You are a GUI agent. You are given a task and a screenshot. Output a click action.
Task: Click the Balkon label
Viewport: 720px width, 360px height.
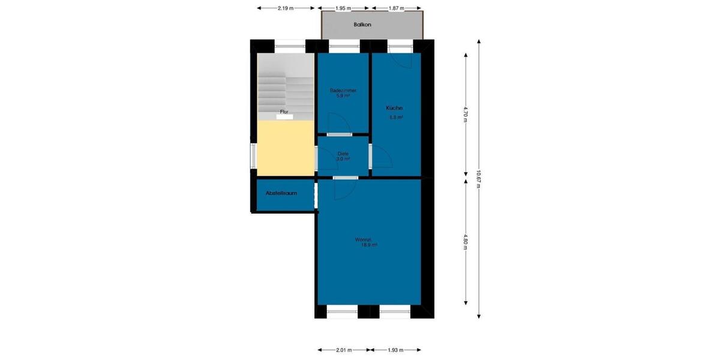tap(362, 25)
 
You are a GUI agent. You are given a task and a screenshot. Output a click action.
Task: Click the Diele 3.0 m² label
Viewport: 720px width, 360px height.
tap(343, 156)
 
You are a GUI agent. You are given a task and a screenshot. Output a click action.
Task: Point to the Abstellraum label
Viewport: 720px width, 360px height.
tap(281, 193)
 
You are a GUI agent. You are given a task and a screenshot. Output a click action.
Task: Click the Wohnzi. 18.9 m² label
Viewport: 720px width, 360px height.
tap(368, 242)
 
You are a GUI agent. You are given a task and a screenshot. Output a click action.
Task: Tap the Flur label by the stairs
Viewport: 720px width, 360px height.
tap(284, 112)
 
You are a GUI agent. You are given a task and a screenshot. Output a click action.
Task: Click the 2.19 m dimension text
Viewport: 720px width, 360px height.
tap(286, 8)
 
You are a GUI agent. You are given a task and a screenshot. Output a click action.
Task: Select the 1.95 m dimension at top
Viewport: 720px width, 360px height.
tap(343, 8)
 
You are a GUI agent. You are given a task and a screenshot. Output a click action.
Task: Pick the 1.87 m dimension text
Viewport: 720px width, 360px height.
tap(396, 8)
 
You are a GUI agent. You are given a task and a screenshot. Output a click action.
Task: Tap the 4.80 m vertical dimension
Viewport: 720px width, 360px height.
tap(466, 241)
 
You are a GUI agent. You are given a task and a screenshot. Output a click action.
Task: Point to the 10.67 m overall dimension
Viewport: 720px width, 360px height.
tap(478, 178)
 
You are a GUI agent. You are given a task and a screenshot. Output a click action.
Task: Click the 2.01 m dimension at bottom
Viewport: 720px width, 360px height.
tap(344, 350)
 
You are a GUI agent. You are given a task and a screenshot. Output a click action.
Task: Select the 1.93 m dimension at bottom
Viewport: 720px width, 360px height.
tap(395, 350)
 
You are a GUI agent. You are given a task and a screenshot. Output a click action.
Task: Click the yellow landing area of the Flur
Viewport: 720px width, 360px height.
tap(285, 148)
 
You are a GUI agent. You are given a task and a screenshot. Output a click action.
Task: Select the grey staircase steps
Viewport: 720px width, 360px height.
tap(285, 90)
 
